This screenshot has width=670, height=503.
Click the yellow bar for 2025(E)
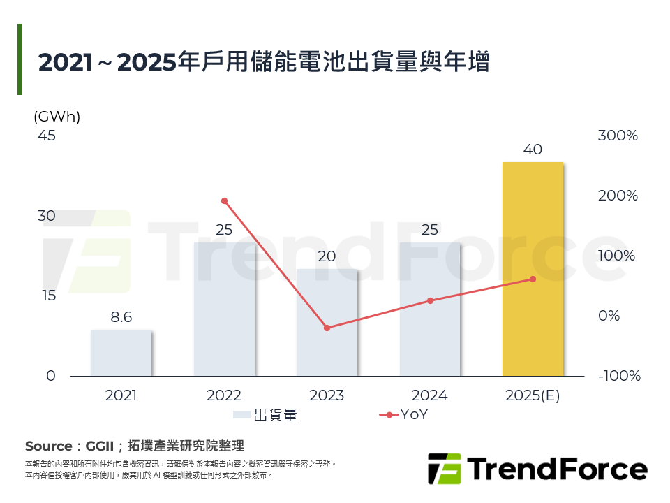point(533,269)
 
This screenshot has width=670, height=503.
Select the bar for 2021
point(121,353)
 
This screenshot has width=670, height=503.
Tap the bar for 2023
point(327,323)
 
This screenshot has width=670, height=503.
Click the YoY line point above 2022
point(224,201)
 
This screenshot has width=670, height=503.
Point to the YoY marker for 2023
point(327,328)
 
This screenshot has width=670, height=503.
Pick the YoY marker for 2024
point(430,300)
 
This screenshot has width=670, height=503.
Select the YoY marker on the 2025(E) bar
point(533,279)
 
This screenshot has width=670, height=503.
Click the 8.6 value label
point(121,317)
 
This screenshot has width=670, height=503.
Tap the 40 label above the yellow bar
point(533,150)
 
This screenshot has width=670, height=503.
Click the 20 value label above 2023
point(327,256)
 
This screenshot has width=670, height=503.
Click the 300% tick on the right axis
point(618,136)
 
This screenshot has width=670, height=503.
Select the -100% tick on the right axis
point(619,376)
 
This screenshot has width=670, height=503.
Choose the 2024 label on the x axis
point(430,395)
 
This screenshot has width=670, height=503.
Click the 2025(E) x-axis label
point(533,395)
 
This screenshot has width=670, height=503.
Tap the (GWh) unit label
point(57,117)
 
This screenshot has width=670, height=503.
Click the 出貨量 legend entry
point(265,415)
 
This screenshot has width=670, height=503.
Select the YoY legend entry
point(404,414)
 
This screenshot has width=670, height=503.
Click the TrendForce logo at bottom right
point(537,469)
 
